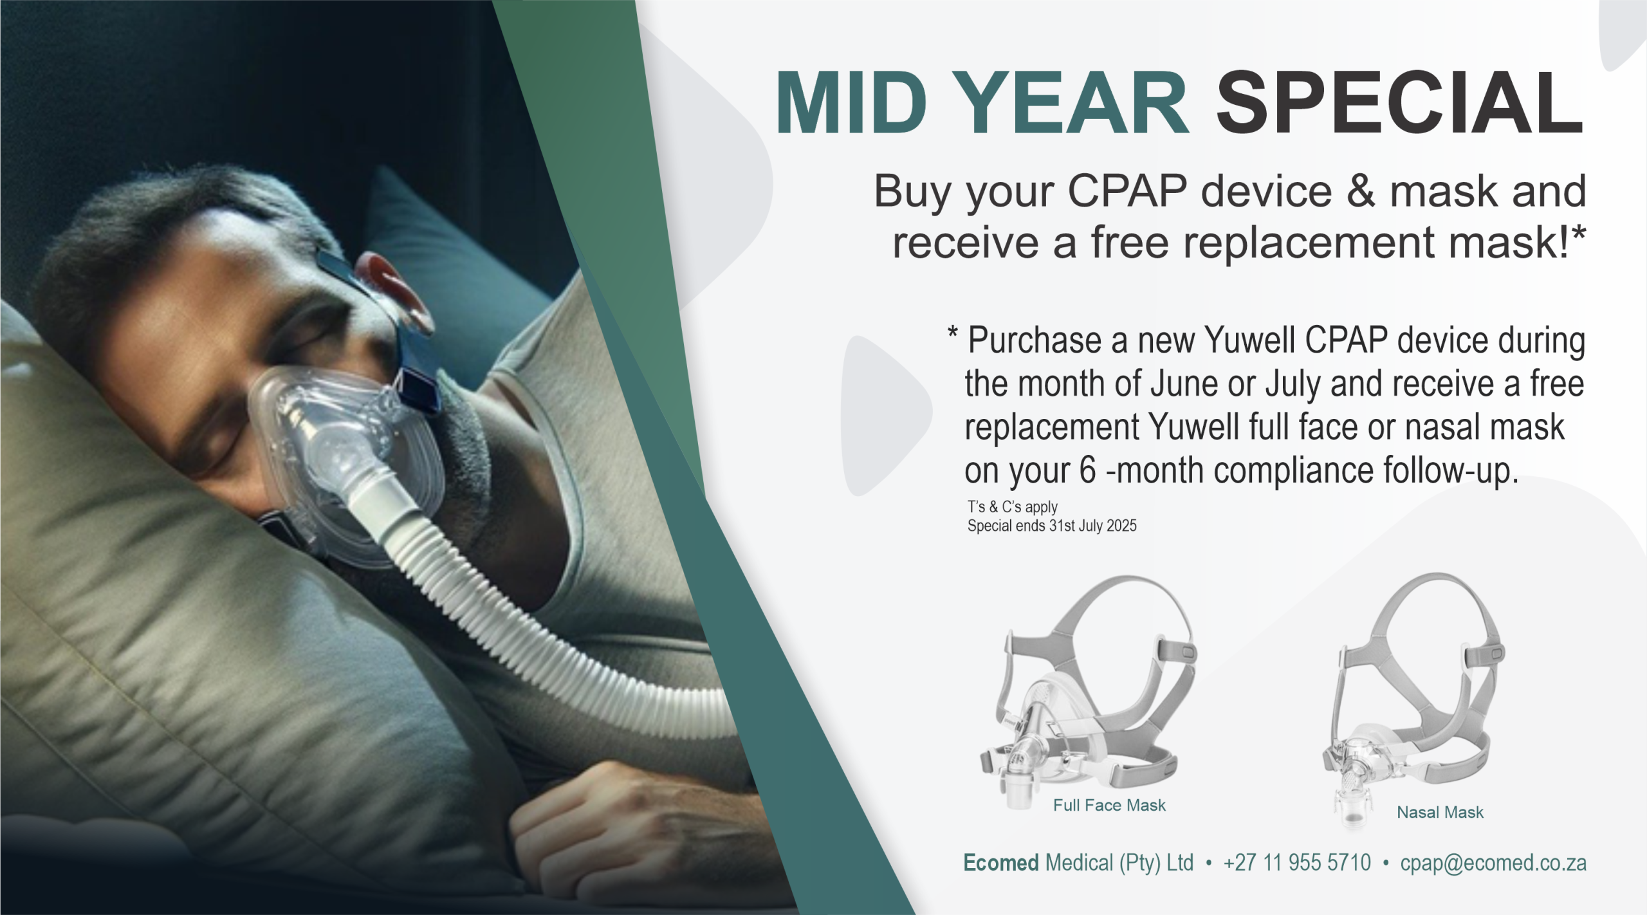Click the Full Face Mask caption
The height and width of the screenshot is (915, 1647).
(x=1109, y=805)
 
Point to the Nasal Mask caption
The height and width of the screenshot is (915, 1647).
(x=1440, y=812)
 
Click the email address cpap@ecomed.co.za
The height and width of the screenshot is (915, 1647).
(x=1493, y=862)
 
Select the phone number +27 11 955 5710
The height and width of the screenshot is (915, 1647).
(x=1297, y=862)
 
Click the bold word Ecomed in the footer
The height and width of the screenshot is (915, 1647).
(x=1001, y=862)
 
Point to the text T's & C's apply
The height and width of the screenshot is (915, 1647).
(x=1013, y=507)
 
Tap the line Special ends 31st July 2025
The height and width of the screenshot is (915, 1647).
(x=1052, y=526)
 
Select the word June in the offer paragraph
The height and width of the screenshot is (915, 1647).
(x=1183, y=384)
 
